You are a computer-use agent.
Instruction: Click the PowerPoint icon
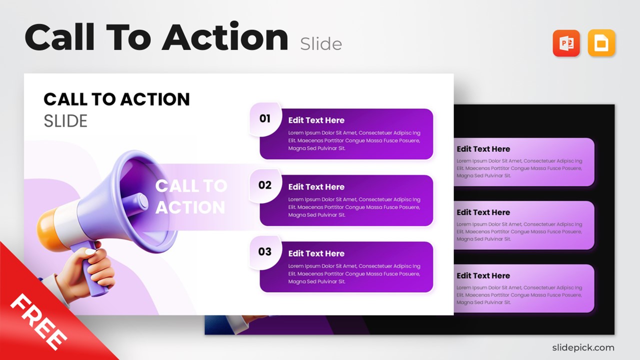click(x=566, y=43)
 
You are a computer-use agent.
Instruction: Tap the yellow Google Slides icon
click(x=601, y=43)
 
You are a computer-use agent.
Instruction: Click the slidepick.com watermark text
click(x=583, y=347)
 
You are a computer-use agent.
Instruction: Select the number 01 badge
click(x=264, y=118)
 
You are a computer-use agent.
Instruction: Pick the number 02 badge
click(x=264, y=185)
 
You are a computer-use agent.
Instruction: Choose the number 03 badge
click(x=264, y=251)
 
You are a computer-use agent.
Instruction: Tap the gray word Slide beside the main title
click(x=321, y=44)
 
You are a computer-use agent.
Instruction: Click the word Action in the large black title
click(x=225, y=38)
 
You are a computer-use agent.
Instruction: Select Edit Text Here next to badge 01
click(x=316, y=120)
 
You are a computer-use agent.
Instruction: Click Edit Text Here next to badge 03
click(x=316, y=253)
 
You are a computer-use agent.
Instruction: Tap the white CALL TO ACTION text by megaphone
click(x=190, y=196)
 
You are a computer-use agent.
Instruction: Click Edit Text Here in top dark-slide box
click(x=483, y=149)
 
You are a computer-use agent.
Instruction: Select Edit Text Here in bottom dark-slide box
click(x=483, y=275)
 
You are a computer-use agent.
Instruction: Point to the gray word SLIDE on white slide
click(x=65, y=121)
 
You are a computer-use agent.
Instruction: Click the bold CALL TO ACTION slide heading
click(x=116, y=99)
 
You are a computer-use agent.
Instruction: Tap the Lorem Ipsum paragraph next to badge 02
click(x=354, y=207)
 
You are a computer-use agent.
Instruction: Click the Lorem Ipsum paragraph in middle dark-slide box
click(x=519, y=231)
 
